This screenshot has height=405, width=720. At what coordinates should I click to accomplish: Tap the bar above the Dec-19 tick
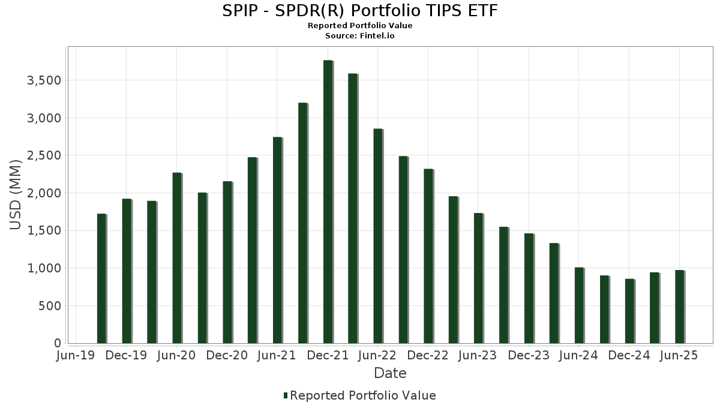tap(127, 271)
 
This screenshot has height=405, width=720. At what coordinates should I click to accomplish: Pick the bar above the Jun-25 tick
tap(679, 307)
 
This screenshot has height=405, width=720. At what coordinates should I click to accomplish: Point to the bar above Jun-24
tap(579, 305)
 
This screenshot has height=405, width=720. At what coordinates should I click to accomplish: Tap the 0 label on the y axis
tap(58, 343)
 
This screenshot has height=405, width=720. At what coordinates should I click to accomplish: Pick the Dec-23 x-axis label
tap(529, 356)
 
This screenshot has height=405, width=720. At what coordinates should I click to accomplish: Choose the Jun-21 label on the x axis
tap(277, 356)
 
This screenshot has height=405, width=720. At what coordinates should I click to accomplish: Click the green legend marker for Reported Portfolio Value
tap(285, 395)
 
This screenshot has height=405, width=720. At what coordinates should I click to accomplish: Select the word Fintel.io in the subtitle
tap(377, 36)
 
